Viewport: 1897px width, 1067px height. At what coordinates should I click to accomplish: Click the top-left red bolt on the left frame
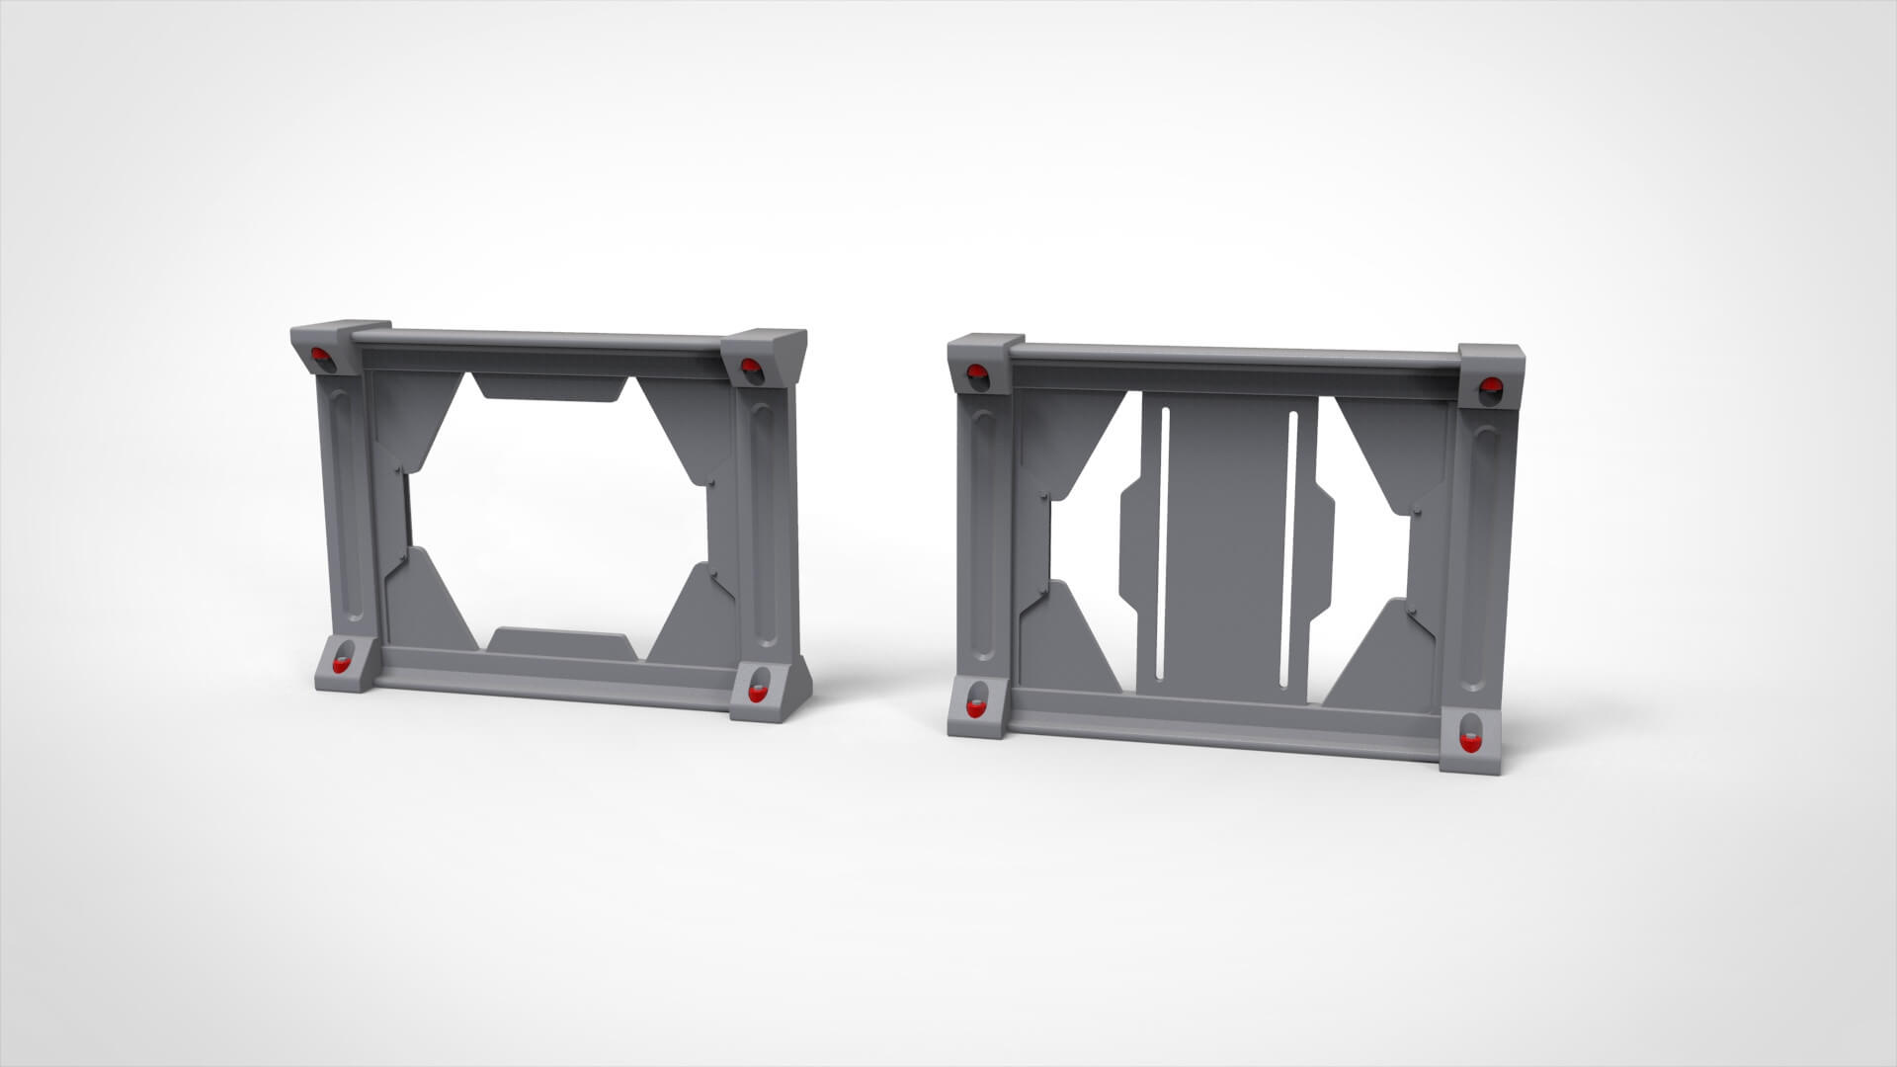[x=320, y=356]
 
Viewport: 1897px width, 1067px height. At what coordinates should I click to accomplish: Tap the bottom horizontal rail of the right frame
[x=1225, y=730]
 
